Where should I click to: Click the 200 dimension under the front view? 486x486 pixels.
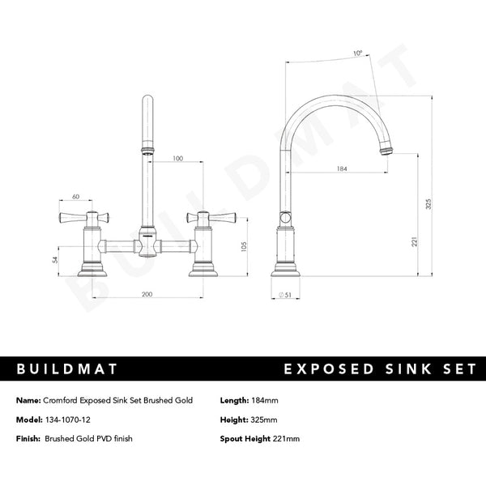click(147, 293)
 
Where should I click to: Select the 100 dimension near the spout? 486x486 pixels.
click(177, 160)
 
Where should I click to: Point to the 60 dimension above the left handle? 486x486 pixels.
click(75, 197)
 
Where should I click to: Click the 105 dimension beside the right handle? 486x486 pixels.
click(244, 246)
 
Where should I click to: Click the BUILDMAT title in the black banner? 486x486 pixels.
click(67, 369)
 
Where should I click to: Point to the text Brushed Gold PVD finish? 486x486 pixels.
click(88, 438)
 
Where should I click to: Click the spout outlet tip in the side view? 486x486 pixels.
click(388, 151)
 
